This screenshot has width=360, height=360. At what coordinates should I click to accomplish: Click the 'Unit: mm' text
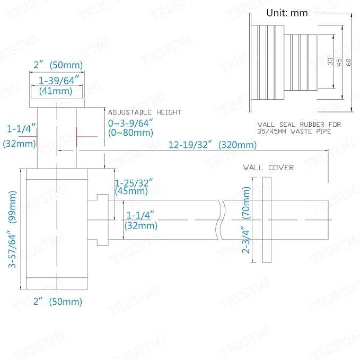[x=287, y=13]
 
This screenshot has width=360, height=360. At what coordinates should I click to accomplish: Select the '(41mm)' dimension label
[x=56, y=91]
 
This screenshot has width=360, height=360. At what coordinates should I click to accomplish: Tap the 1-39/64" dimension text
[x=58, y=81]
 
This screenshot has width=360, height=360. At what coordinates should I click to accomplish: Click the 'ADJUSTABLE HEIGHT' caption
[x=144, y=112]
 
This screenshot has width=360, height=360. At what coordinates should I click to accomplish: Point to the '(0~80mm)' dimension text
[x=130, y=133]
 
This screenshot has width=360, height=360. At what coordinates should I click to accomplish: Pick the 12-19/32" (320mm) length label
[x=213, y=145]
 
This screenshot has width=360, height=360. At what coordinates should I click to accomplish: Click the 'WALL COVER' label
[x=268, y=168]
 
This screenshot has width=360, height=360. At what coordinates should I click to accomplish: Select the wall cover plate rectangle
[x=267, y=219]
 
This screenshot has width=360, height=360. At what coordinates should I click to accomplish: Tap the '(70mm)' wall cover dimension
[x=246, y=203]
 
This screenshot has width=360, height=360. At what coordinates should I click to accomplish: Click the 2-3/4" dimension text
[x=245, y=240]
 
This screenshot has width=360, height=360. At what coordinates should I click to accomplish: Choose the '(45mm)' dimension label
[x=131, y=191]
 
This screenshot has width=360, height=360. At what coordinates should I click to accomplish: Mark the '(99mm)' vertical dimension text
[x=12, y=207]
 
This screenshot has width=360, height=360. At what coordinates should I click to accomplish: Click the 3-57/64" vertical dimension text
[x=12, y=251]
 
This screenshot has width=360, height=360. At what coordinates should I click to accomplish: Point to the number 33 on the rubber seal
[x=330, y=62]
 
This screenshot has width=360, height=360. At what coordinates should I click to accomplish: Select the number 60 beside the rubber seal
[x=348, y=62]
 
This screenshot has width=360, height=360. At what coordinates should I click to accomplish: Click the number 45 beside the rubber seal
[x=339, y=62]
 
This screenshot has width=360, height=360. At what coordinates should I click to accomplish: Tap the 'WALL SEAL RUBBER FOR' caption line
[x=299, y=125]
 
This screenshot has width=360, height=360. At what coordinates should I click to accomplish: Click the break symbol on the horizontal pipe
[x=220, y=219]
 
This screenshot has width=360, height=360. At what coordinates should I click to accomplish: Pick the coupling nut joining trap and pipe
[x=102, y=219]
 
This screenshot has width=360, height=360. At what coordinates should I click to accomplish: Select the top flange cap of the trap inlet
[x=57, y=103]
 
